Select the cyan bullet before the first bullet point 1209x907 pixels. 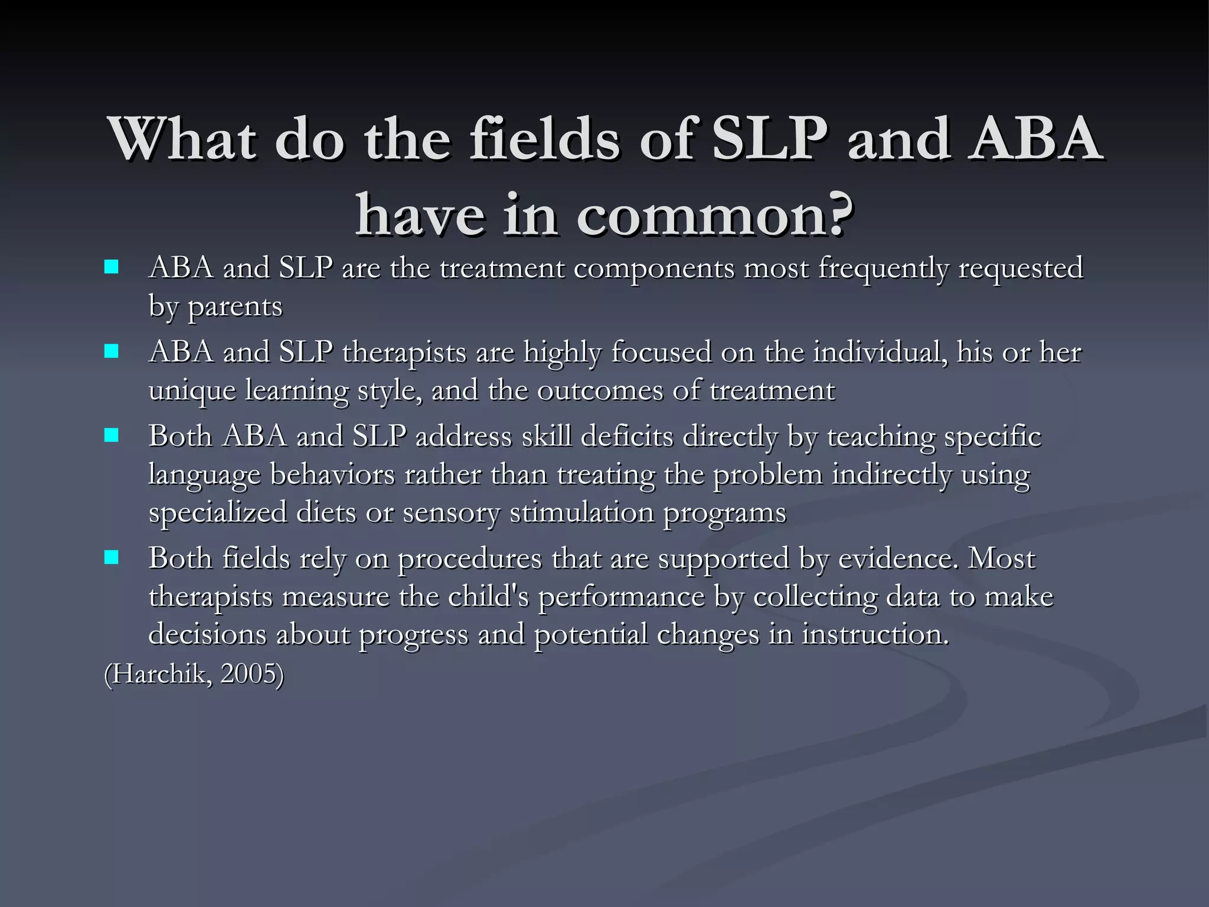(x=111, y=267)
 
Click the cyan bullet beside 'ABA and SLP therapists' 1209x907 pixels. (x=111, y=352)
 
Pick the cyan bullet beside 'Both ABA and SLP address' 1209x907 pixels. (x=111, y=436)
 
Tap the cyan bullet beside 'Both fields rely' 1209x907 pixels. (x=111, y=557)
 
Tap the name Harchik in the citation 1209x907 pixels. (x=158, y=674)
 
